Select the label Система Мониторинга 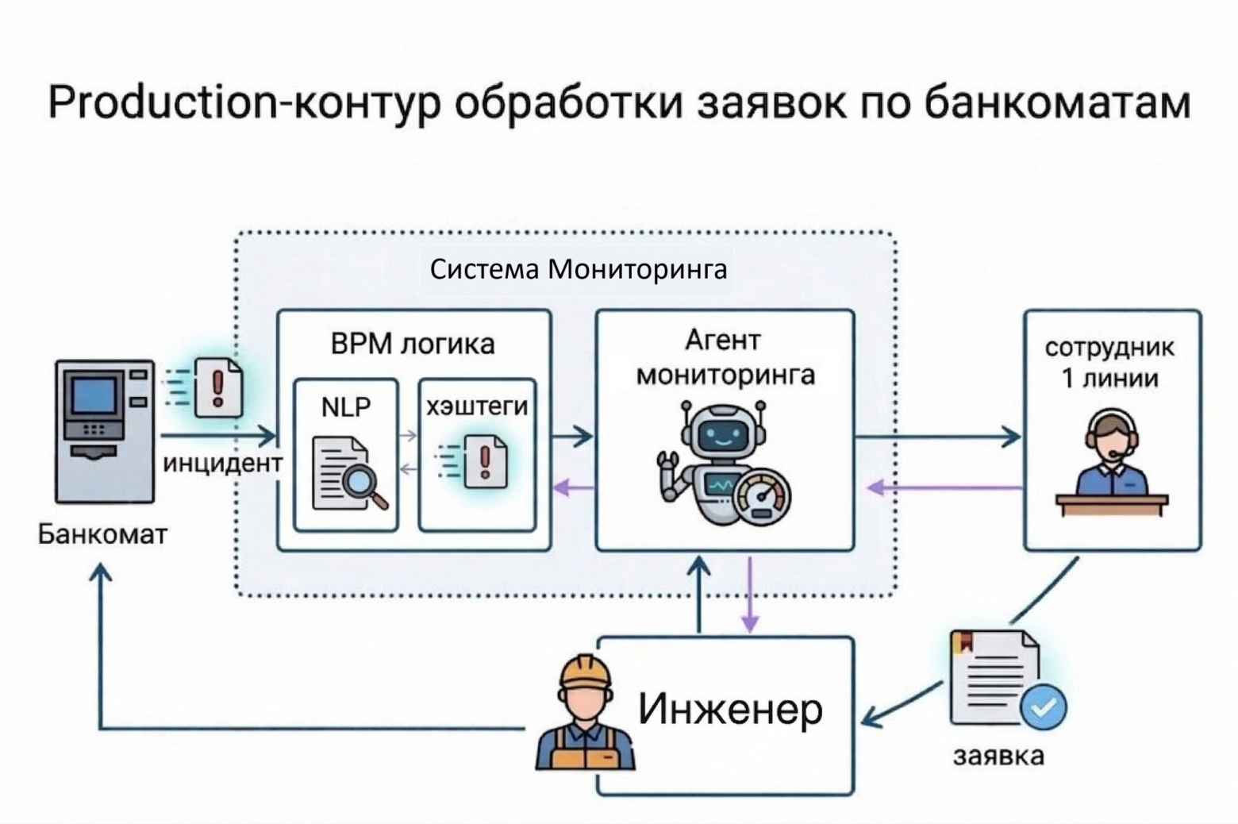pyautogui.click(x=578, y=269)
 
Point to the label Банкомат pyautogui.click(x=102, y=534)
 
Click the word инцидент pyautogui.click(x=222, y=463)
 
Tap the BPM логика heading pyautogui.click(x=412, y=344)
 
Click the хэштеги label pyautogui.click(x=477, y=406)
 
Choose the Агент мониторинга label pyautogui.click(x=725, y=357)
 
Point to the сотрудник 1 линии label pyautogui.click(x=1110, y=363)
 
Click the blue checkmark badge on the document pyautogui.click(x=1043, y=706)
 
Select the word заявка pyautogui.click(x=998, y=755)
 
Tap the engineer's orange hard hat pyautogui.click(x=585, y=673)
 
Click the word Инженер pyautogui.click(x=730, y=709)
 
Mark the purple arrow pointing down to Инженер pyautogui.click(x=749, y=595)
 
